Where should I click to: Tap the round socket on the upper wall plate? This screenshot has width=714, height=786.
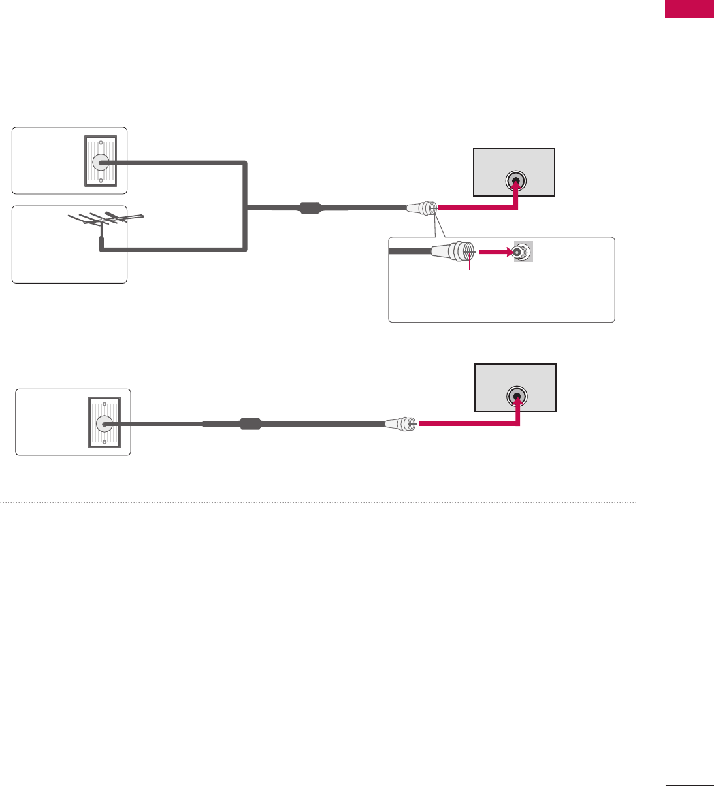tap(101, 162)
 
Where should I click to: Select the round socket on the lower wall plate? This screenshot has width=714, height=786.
tap(104, 423)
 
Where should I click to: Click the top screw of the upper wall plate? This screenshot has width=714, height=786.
tap(100, 142)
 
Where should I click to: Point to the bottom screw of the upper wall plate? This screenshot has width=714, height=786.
tap(100, 182)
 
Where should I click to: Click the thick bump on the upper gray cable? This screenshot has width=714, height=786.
tap(310, 208)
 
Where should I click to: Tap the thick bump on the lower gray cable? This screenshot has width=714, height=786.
tap(250, 423)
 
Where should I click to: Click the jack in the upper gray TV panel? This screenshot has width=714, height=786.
tap(516, 182)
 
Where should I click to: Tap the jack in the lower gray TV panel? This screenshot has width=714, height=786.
tap(517, 397)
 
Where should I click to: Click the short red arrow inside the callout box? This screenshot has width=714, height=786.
tap(493, 252)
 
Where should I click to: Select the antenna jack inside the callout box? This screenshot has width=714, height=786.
tap(521, 252)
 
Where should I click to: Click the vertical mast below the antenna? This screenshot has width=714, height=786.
tap(101, 242)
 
